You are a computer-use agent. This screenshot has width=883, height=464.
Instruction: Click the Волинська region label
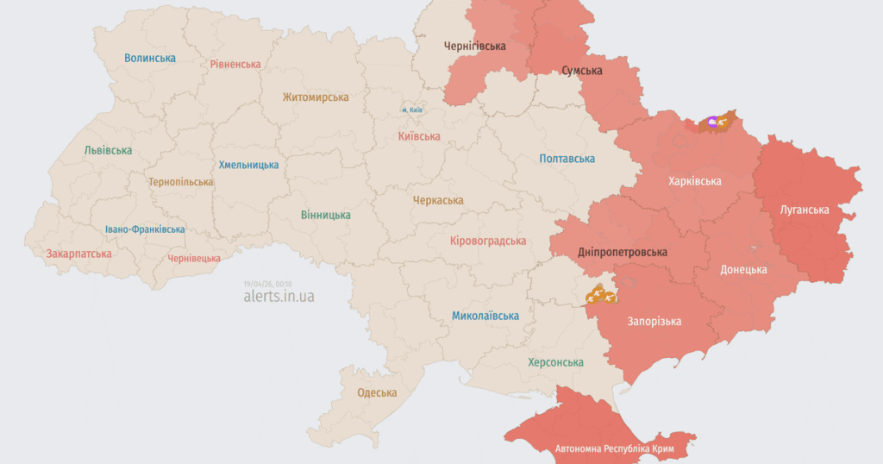(x=150, y=59)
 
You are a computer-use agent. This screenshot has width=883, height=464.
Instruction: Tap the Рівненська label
(x=235, y=65)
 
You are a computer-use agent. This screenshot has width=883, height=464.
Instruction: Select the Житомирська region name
(x=316, y=98)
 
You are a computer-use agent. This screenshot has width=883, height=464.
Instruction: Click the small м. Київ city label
(x=411, y=110)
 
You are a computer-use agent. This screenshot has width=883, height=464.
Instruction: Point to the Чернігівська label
(x=474, y=46)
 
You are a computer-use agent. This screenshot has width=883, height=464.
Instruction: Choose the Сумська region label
(x=582, y=70)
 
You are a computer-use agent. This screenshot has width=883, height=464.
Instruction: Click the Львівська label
(x=108, y=150)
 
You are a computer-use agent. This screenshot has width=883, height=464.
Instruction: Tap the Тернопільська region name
(x=180, y=183)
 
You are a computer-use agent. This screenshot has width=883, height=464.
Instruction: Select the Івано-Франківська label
(x=145, y=229)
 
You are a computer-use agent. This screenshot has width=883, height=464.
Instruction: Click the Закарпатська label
(x=79, y=254)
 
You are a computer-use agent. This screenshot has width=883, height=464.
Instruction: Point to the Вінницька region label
(x=326, y=215)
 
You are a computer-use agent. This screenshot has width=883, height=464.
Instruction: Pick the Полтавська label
(x=567, y=159)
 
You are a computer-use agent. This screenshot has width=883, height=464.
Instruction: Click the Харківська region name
(x=694, y=181)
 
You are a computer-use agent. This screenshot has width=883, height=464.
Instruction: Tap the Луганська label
(x=804, y=210)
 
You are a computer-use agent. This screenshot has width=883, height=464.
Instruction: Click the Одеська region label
(x=377, y=393)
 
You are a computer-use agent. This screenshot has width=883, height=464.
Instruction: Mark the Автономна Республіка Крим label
(x=614, y=449)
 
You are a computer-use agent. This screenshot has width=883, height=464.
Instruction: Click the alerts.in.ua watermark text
(x=279, y=296)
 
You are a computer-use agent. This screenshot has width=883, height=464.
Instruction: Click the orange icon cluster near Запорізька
(x=600, y=297)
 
